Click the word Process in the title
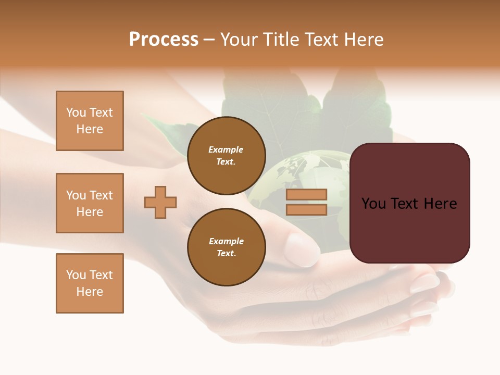click(x=164, y=40)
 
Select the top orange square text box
click(x=90, y=121)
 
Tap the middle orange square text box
click(x=90, y=203)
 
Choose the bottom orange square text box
click(x=90, y=283)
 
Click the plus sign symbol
click(x=160, y=202)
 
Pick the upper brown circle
click(x=226, y=156)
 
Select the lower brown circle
click(x=226, y=247)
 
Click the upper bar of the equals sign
click(x=306, y=194)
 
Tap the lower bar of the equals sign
click(x=306, y=210)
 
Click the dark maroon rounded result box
click(x=409, y=203)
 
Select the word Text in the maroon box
click(x=408, y=203)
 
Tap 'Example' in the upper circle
click(x=226, y=149)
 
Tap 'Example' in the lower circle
click(x=226, y=241)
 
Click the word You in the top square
click(x=76, y=113)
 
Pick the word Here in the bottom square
click(x=90, y=292)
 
